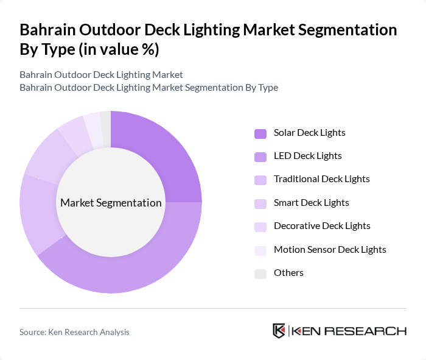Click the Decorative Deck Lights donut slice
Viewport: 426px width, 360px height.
(74, 133)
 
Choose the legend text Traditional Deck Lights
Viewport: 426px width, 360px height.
(321, 179)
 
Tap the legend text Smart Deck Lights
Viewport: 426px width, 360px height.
(311, 202)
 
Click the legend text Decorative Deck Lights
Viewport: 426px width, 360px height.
(322, 225)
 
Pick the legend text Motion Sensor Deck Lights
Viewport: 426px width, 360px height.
(330, 249)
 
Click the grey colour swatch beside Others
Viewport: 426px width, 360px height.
(260, 273)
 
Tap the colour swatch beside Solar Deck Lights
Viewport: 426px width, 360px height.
(260, 133)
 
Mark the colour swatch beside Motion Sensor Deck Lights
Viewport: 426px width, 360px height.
(260, 250)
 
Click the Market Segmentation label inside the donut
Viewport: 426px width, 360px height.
(111, 203)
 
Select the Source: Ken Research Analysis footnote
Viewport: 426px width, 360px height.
(74, 332)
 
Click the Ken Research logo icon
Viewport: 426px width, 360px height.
(279, 331)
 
